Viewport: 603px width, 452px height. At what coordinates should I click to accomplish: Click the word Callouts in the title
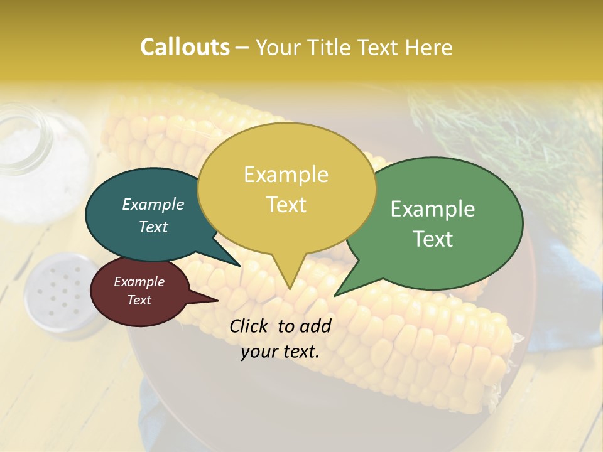[x=185, y=48]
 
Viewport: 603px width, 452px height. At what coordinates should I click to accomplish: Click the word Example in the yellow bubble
[x=286, y=175]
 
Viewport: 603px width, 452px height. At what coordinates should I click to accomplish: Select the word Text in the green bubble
[x=433, y=239]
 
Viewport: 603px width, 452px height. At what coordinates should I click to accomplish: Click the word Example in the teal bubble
[x=153, y=204]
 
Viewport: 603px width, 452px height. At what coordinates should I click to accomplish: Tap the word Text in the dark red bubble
[x=139, y=300]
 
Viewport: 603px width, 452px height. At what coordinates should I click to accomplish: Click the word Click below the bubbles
[x=251, y=326]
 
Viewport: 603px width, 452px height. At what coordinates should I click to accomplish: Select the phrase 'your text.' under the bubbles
[x=280, y=352]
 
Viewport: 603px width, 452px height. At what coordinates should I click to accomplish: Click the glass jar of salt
[x=28, y=144]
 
